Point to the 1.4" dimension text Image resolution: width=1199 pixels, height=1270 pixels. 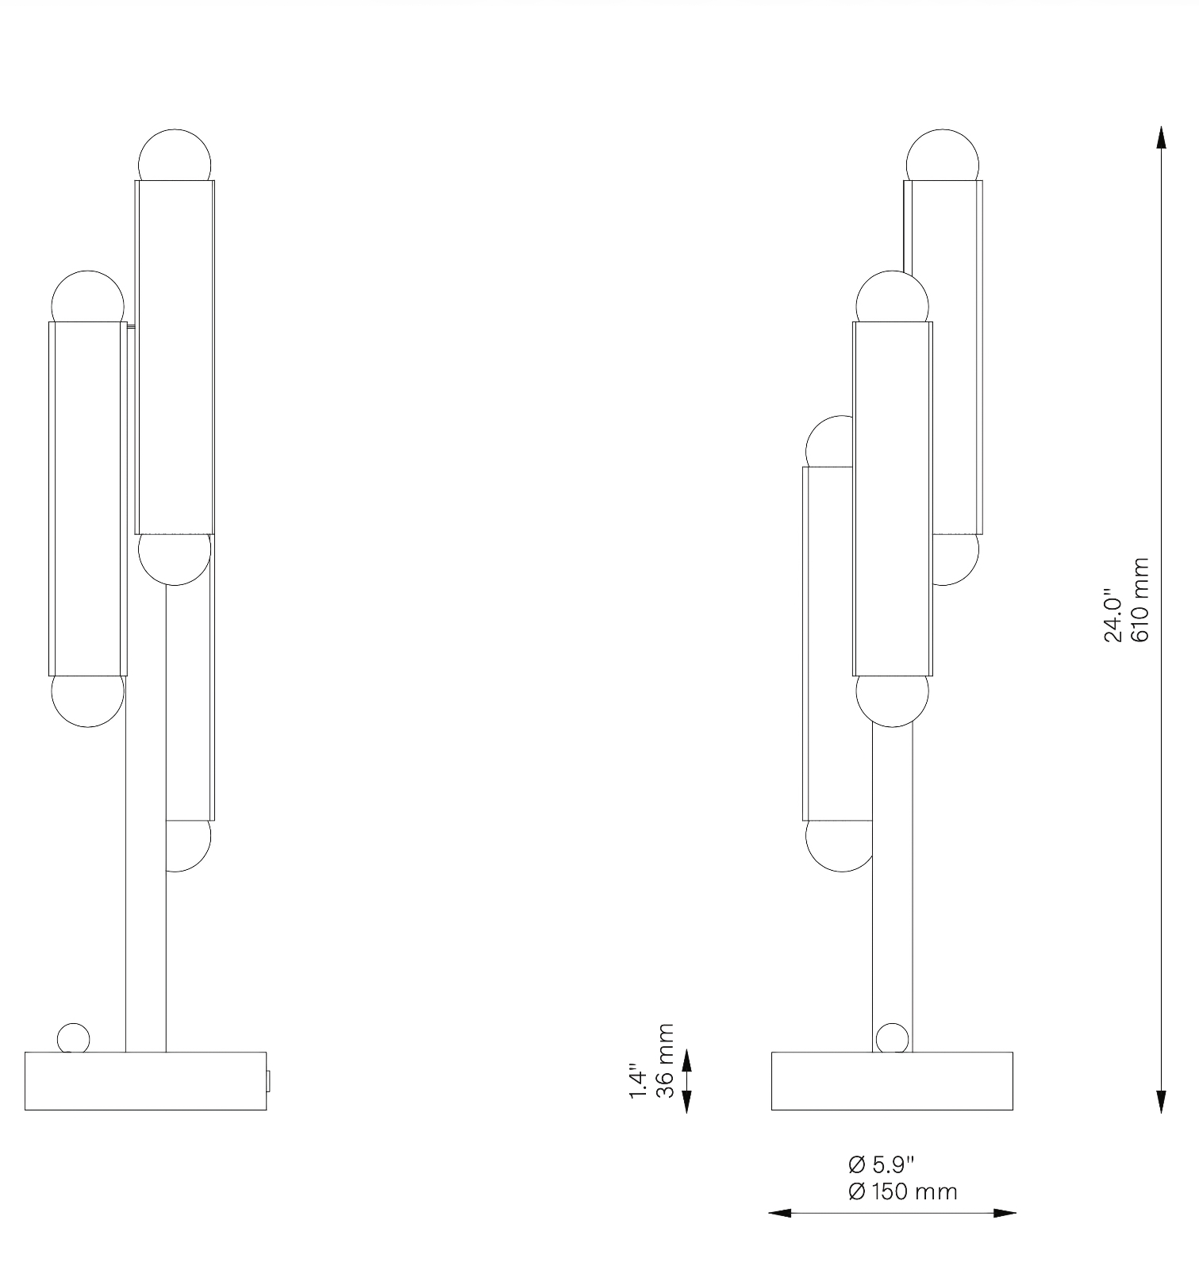639,1081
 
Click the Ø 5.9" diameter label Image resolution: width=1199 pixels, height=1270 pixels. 881,1165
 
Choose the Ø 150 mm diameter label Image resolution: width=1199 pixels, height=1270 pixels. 902,1192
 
